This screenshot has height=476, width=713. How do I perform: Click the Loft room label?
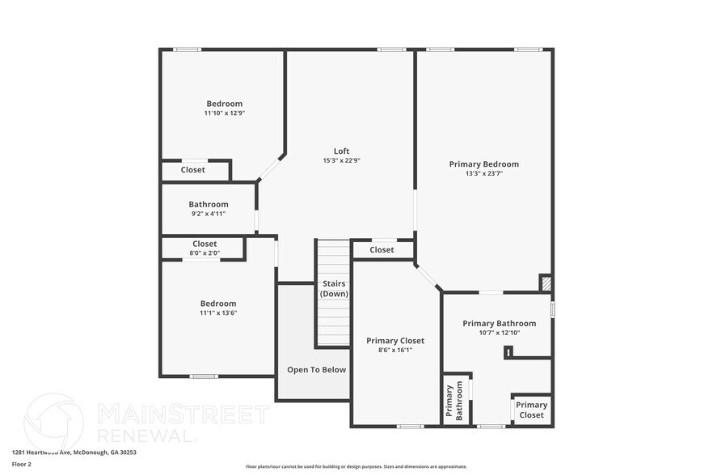click(x=341, y=151)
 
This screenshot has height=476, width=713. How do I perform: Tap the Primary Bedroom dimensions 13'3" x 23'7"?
click(x=484, y=173)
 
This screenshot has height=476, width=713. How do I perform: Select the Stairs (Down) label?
click(x=334, y=288)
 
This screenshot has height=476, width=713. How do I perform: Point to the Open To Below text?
click(x=316, y=370)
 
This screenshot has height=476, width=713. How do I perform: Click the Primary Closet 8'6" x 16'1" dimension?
click(x=395, y=351)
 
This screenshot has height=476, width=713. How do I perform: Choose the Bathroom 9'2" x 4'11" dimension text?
click(x=209, y=214)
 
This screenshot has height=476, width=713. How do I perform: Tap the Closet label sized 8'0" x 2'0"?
click(x=205, y=244)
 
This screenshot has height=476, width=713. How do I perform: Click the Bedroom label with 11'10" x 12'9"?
click(x=224, y=104)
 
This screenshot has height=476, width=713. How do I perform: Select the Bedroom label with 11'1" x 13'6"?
click(x=218, y=304)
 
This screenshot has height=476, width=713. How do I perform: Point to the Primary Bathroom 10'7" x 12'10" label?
click(x=500, y=323)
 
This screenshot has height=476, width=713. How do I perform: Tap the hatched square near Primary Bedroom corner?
click(x=547, y=283)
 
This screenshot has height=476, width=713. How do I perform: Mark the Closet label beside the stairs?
click(x=382, y=249)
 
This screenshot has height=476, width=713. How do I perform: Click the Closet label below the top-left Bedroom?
click(x=192, y=170)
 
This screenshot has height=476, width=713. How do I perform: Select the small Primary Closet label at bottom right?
click(x=531, y=410)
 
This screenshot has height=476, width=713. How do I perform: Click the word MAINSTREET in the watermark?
click(x=183, y=414)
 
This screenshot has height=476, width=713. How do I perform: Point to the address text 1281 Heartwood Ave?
click(x=74, y=453)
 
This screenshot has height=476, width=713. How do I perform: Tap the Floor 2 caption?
click(x=21, y=464)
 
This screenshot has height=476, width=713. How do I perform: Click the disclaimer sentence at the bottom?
click(x=356, y=466)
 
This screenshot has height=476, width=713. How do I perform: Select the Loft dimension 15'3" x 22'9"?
click(x=341, y=160)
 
